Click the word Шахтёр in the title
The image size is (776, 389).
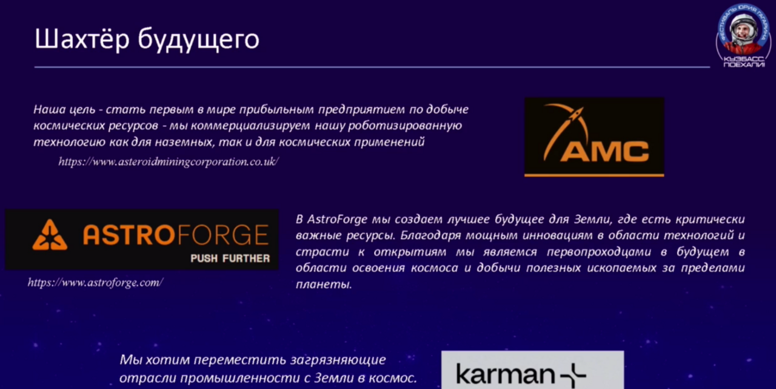(x=82, y=39)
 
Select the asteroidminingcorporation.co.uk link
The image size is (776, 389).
(x=169, y=161)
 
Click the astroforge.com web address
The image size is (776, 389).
(x=95, y=283)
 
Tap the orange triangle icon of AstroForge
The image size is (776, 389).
(x=50, y=235)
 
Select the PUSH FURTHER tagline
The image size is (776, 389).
(x=230, y=259)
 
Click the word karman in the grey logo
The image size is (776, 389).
(x=506, y=374)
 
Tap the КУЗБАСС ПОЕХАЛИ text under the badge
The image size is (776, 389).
(x=744, y=62)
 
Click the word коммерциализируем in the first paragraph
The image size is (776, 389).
(x=250, y=126)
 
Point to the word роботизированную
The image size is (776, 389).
(x=404, y=126)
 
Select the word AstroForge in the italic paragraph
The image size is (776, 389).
(x=337, y=220)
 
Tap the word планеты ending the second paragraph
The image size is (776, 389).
(x=324, y=285)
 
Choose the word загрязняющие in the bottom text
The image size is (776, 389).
(x=338, y=360)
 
